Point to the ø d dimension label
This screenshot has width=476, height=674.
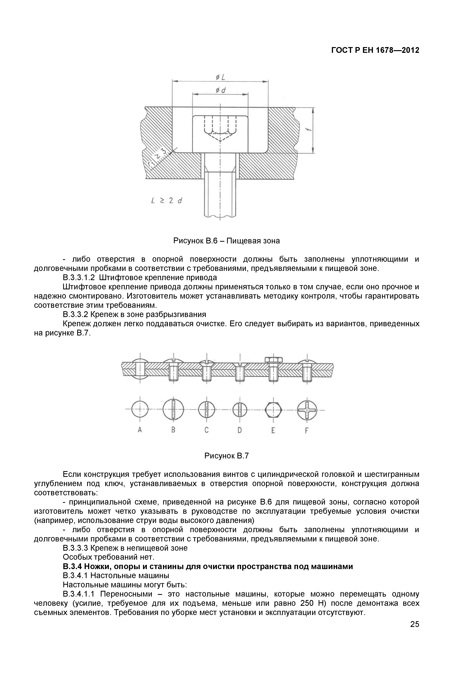pyautogui.click(x=220, y=91)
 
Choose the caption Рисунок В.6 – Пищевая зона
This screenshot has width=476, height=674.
pyautogui.click(x=226, y=241)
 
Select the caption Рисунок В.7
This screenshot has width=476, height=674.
pyautogui.click(x=226, y=456)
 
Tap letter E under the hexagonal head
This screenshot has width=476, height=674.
pyautogui.click(x=273, y=430)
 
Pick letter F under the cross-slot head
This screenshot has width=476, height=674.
pyautogui.click(x=307, y=431)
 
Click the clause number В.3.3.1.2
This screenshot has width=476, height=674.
pyautogui.click(x=79, y=277)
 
